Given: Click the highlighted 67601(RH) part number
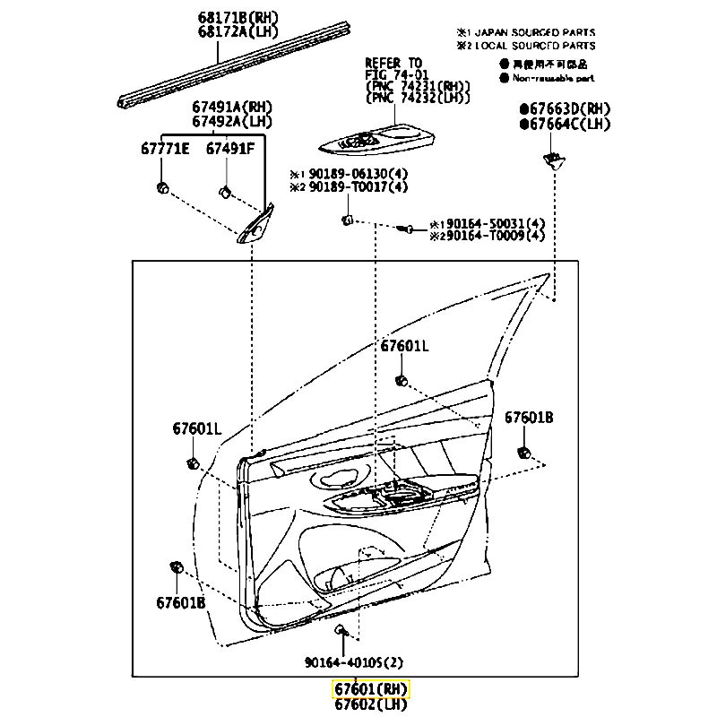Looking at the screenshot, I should click(x=371, y=689).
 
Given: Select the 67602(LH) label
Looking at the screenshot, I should click(x=371, y=704).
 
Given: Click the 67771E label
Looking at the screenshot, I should click(x=164, y=149).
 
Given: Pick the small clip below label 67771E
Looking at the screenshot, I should click(x=162, y=186).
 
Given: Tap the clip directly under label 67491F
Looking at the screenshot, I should click(x=226, y=190).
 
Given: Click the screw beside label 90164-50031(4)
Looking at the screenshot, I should click(x=404, y=229).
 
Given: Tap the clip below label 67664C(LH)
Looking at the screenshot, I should click(x=552, y=160).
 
